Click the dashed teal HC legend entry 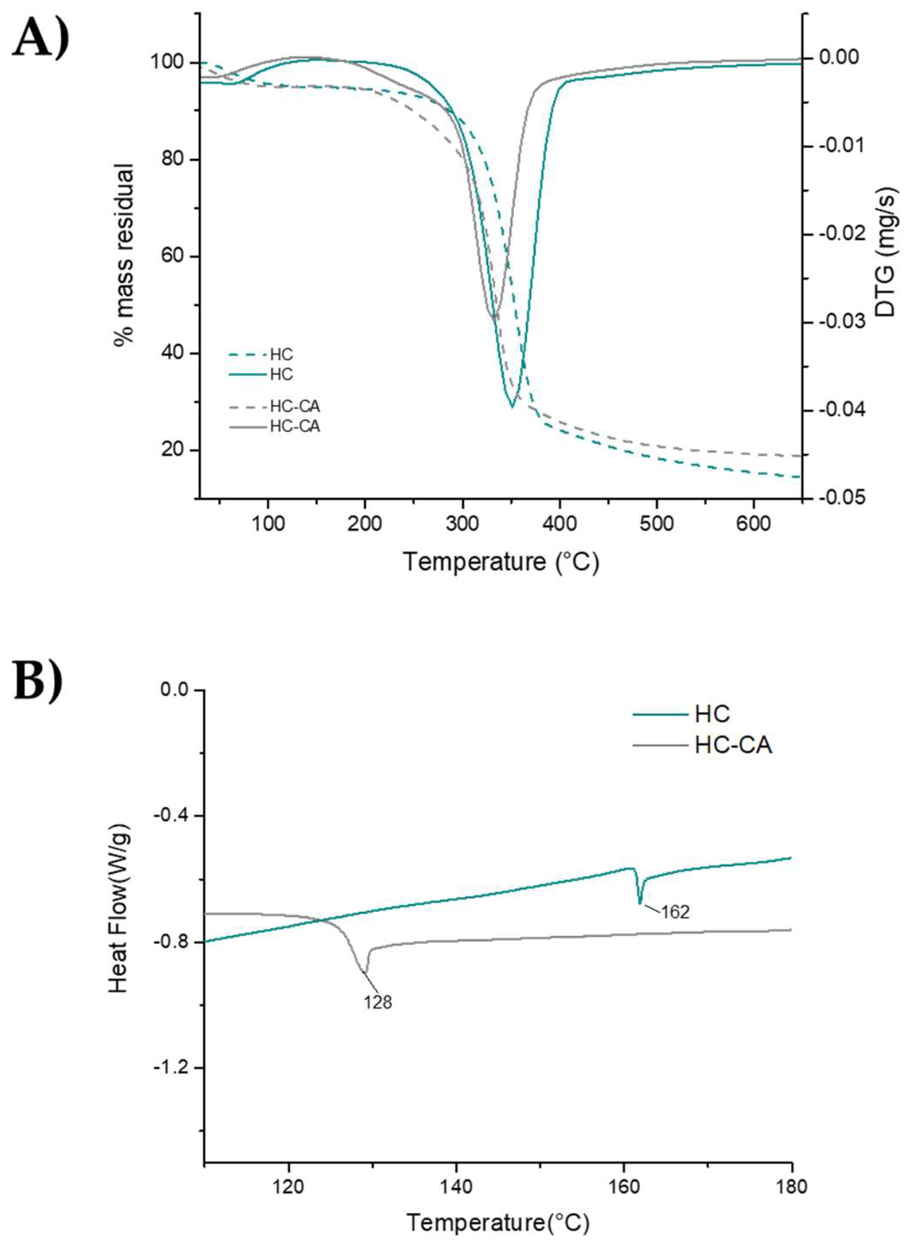[281, 354]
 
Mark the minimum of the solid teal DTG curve [513, 407]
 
